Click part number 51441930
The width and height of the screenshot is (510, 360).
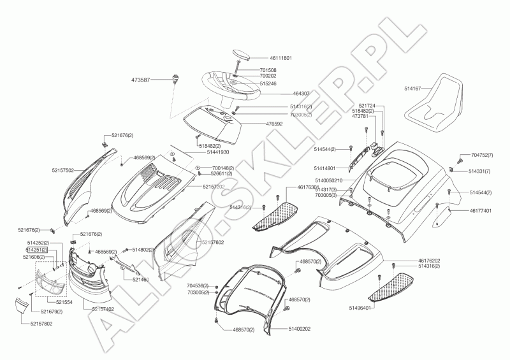(x=217, y=152)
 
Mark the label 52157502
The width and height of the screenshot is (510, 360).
(x=61, y=171)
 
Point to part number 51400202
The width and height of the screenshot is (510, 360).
(x=300, y=329)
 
